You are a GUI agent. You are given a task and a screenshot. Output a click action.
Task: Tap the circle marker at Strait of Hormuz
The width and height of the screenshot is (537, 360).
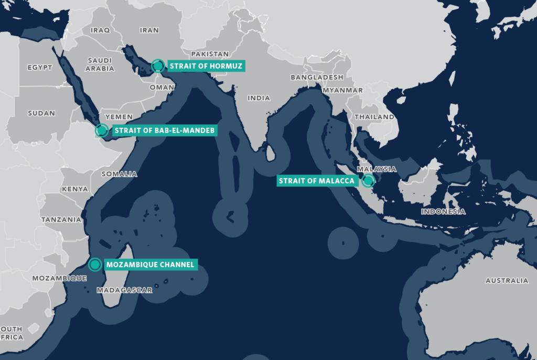click(157, 66)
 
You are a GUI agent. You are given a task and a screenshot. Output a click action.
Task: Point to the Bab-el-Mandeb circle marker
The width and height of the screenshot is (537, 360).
click(102, 130)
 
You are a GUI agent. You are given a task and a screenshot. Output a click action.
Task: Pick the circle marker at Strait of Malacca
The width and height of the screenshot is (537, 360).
click(368, 181)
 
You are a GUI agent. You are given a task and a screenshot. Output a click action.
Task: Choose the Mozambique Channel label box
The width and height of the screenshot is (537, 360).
click(151, 265)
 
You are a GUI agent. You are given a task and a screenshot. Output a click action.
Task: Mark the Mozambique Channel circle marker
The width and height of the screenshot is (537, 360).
click(94, 265)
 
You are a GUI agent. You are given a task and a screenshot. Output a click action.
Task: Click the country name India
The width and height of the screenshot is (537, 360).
click(259, 98)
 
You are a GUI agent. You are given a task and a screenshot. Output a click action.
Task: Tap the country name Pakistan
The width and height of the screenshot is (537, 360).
click(210, 54)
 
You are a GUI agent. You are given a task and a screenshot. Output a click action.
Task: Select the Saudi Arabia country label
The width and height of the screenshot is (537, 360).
click(100, 63)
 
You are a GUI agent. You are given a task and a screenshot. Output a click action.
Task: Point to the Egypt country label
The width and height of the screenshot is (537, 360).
click(40, 68)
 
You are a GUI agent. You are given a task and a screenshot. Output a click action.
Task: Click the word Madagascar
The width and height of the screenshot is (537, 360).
click(125, 290)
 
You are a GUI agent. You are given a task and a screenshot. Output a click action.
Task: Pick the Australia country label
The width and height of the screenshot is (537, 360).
click(507, 281)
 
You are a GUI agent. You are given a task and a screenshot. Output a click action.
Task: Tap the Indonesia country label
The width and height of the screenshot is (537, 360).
click(443, 212)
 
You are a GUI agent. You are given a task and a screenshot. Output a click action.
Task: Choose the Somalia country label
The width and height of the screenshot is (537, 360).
click(119, 174)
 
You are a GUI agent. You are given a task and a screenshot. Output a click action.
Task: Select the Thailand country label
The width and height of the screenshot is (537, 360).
click(374, 117)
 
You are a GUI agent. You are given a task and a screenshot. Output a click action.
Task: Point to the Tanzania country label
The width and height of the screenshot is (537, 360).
click(61, 220)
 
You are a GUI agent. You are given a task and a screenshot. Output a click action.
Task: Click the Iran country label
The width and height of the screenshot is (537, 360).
click(149, 30)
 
